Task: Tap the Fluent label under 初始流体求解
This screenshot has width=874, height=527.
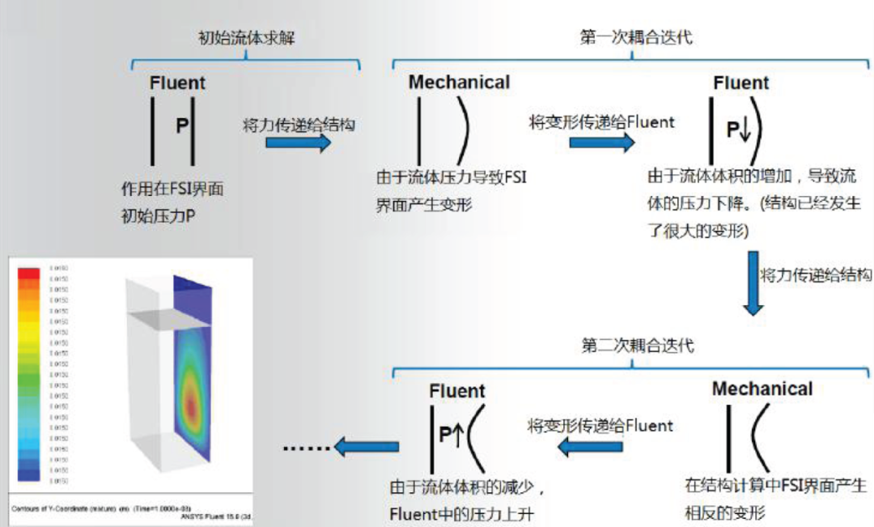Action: [x=177, y=83]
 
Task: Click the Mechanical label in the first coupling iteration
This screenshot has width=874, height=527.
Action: [x=459, y=83]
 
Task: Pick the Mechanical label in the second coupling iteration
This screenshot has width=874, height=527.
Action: [x=762, y=389]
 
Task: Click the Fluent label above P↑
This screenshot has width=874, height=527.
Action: [x=457, y=391]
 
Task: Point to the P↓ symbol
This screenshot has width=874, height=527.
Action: [x=739, y=130]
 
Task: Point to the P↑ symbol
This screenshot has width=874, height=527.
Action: [x=450, y=435]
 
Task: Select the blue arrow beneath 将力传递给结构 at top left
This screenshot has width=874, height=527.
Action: [x=299, y=143]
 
